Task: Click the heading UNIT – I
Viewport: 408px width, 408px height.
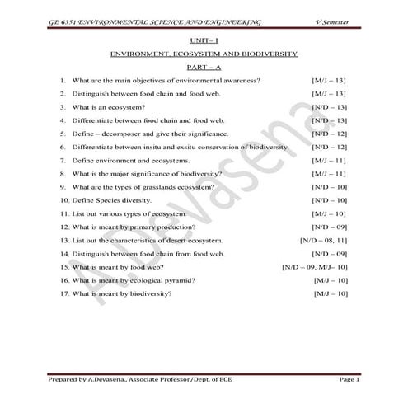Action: pos(204,39)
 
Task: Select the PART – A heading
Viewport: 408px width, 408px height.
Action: pos(204,66)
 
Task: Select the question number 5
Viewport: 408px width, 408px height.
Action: pos(63,133)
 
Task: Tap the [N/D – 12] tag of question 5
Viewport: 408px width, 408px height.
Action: pos(329,133)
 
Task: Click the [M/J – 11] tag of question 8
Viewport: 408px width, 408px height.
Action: pos(329,173)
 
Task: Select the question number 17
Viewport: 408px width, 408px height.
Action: pos(64,293)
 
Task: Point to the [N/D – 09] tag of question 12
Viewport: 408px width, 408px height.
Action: pos(329,227)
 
